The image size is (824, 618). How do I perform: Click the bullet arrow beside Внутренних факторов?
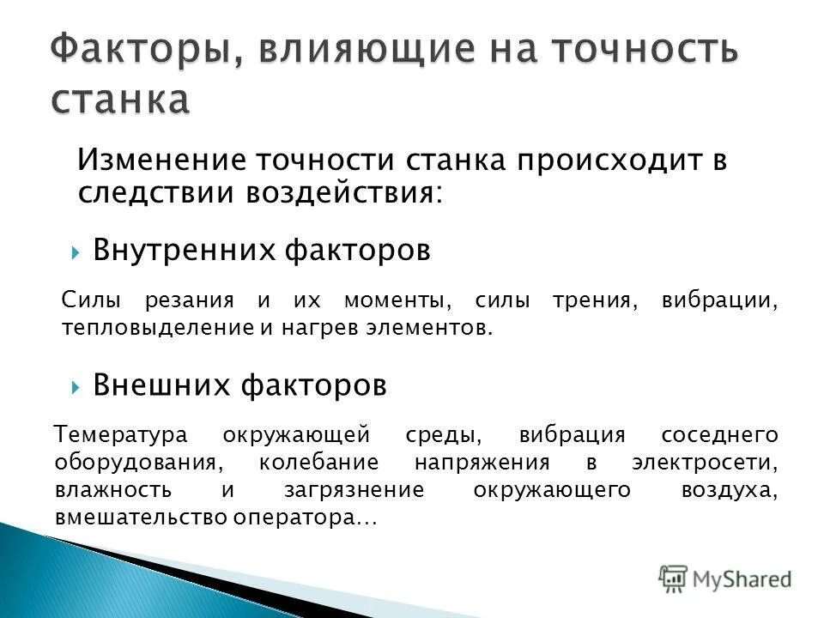(76, 252)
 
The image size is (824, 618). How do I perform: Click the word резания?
(200, 301)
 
